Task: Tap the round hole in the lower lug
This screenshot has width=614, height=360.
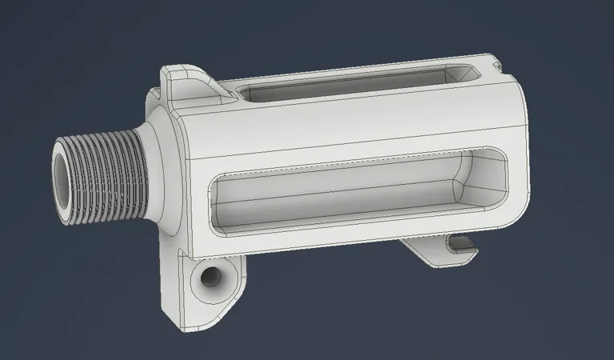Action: [x=210, y=278]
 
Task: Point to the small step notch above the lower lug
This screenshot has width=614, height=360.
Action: [x=181, y=254]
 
